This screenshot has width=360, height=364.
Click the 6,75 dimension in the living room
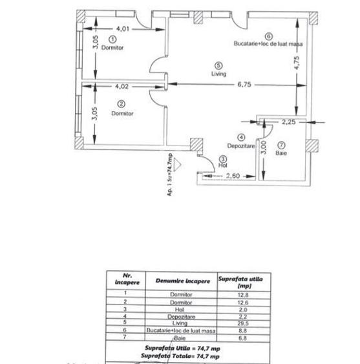point(244,84)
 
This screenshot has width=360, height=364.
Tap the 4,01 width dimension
point(123,29)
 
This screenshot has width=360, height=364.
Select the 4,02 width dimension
point(122,87)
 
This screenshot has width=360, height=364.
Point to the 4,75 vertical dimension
point(297,63)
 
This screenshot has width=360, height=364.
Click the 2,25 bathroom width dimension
point(289,122)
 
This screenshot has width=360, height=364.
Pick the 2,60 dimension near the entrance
point(233,176)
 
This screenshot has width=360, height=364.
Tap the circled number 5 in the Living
point(218,66)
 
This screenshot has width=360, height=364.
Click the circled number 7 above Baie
point(281,145)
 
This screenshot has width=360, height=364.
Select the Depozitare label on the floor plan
point(241,146)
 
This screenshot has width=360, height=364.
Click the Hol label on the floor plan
point(223,166)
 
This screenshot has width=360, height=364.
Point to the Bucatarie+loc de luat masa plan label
point(268,44)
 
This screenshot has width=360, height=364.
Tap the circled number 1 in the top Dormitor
point(112,39)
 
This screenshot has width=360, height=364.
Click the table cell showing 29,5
point(243,323)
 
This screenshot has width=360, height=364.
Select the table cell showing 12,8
point(243,295)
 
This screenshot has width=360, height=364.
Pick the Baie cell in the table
point(180,338)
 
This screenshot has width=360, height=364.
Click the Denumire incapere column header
point(183,281)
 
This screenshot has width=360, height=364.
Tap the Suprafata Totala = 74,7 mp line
point(180,356)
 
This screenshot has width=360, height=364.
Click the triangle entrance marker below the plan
point(177,164)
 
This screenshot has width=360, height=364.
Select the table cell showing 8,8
point(242,331)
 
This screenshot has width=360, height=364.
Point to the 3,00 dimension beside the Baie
point(264,148)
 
